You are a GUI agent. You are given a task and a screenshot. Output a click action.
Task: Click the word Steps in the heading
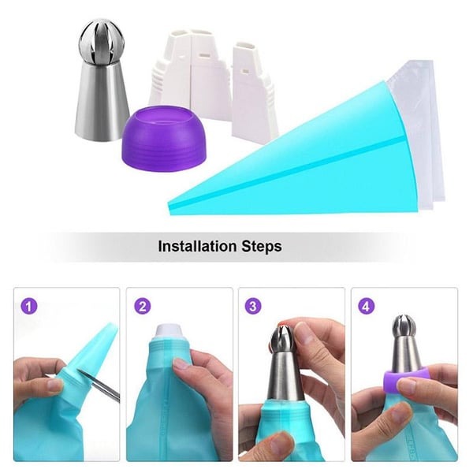[261, 247]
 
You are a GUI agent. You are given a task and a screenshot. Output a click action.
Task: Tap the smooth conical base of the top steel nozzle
[103, 102]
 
